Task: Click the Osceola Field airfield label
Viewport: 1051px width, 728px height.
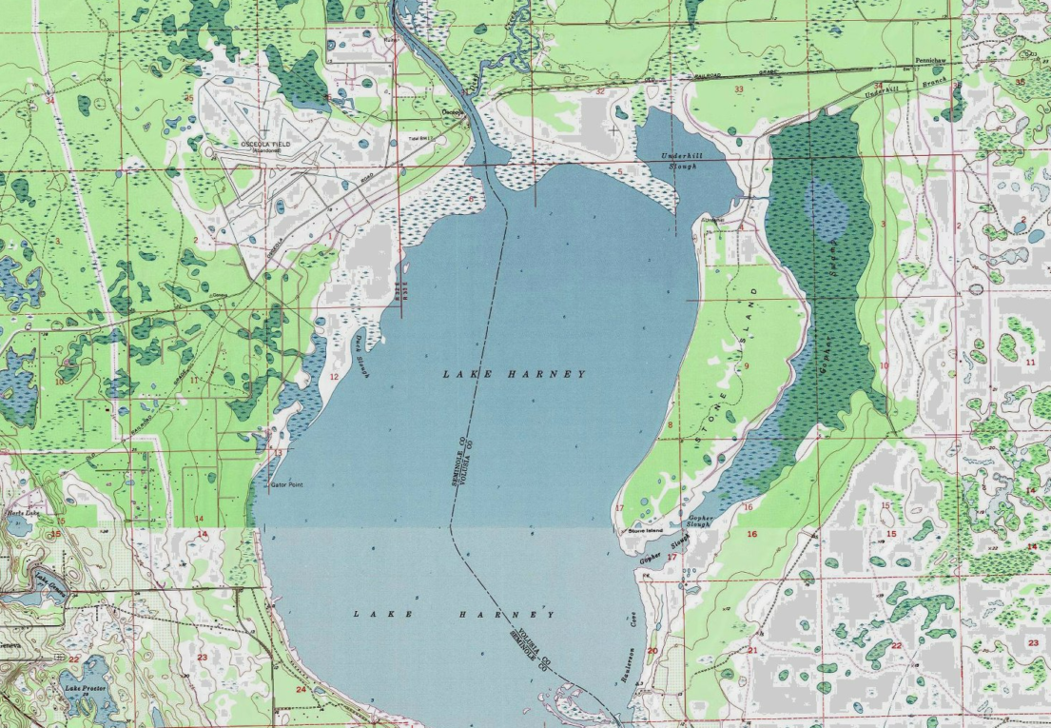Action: pos(264,145)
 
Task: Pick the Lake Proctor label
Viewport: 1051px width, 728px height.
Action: pos(81,687)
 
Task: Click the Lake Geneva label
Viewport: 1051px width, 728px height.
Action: pos(52,581)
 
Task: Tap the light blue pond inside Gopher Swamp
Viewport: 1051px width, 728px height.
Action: pos(826,207)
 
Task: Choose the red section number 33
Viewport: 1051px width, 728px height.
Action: pos(738,89)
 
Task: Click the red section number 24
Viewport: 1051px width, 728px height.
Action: pos(301,689)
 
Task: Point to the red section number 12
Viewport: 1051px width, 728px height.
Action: pos(334,377)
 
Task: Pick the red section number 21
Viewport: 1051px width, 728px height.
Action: pos(751,651)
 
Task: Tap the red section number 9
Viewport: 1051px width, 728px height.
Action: pos(747,365)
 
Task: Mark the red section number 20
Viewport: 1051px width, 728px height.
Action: pos(652,651)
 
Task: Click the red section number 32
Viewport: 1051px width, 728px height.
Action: pos(600,91)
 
